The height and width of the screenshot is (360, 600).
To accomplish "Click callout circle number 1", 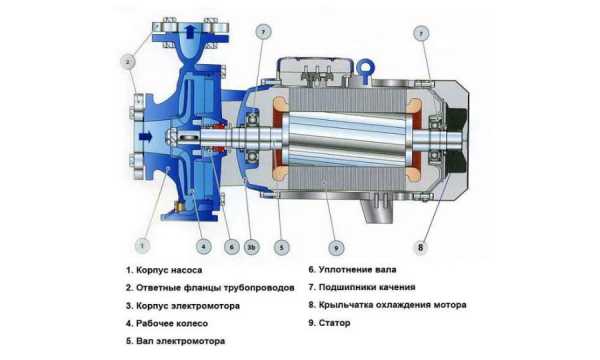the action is [x=142, y=245].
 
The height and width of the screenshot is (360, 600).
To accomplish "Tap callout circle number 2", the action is [x=128, y=62].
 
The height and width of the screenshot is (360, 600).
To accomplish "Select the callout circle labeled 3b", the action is [x=251, y=247].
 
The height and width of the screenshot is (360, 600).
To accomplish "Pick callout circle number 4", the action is [x=204, y=247].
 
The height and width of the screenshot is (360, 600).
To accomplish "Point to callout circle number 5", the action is [x=282, y=248].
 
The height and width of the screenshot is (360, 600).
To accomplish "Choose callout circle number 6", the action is [x=232, y=247].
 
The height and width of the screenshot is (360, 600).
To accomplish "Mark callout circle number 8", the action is [x=421, y=247].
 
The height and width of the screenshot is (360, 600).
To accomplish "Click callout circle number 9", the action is [x=336, y=248].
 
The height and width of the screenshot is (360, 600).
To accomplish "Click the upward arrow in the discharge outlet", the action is [x=191, y=31].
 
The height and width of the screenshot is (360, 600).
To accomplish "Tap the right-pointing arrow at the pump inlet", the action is [x=146, y=136].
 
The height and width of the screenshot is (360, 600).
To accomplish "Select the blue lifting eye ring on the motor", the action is [x=366, y=70].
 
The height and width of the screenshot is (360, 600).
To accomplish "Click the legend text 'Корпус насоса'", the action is [x=169, y=270].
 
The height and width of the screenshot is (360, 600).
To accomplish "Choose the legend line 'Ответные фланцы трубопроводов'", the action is [x=215, y=288].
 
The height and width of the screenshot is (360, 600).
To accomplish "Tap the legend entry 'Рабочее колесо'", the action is [x=172, y=323].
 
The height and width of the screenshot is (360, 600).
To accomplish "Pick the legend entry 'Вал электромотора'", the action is [x=181, y=341].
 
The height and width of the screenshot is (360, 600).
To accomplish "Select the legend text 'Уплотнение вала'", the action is [x=357, y=270].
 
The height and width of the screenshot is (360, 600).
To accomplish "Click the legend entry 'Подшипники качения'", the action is [x=367, y=287].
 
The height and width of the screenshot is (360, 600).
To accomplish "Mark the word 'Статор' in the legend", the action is [x=334, y=323].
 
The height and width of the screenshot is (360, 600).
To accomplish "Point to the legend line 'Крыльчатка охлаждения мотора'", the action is [x=393, y=305].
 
